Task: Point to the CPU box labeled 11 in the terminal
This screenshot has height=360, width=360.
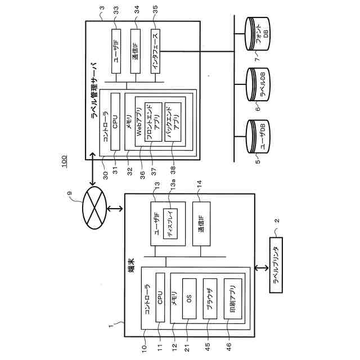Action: (x=160, y=296)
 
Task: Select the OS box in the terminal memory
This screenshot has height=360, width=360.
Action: (x=190, y=299)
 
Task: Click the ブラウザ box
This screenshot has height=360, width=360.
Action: (x=209, y=299)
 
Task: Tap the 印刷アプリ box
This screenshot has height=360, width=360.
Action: (x=229, y=299)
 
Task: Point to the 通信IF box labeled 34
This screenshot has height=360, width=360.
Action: (x=136, y=51)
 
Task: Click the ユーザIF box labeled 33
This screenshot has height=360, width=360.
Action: (x=115, y=51)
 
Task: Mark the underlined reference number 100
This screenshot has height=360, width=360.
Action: (x=64, y=159)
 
